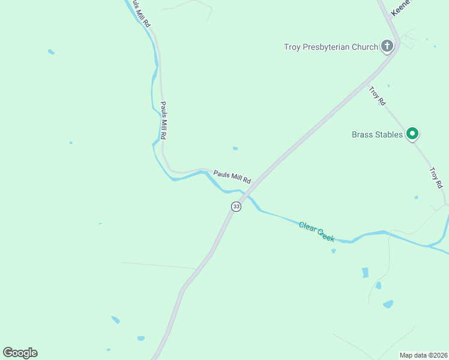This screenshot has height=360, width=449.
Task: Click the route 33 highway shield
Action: tap(236, 206)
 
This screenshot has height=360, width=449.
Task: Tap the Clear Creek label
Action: tap(316, 231)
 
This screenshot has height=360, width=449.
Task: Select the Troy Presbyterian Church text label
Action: tap(331, 47)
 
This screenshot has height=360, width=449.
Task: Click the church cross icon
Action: tap(387, 46)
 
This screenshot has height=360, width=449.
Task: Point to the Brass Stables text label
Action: tap(377, 134)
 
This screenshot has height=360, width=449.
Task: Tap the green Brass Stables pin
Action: tap(412, 134)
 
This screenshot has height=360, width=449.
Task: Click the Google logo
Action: tap(20, 353)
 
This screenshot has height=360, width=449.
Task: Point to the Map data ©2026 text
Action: tap(423, 355)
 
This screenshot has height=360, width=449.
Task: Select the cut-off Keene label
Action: tap(400, 8)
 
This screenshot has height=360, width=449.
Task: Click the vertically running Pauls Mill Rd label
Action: tap(163, 120)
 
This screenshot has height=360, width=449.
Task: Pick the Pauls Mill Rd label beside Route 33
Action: tap(232, 178)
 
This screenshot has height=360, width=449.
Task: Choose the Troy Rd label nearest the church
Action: tap(377, 96)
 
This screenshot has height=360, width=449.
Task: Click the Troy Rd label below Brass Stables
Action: tap(435, 176)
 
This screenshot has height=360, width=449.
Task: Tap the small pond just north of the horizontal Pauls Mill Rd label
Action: tap(235, 148)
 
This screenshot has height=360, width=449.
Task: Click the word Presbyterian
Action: tap(344, 47)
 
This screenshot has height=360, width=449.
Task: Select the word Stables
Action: tap(390, 134)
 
